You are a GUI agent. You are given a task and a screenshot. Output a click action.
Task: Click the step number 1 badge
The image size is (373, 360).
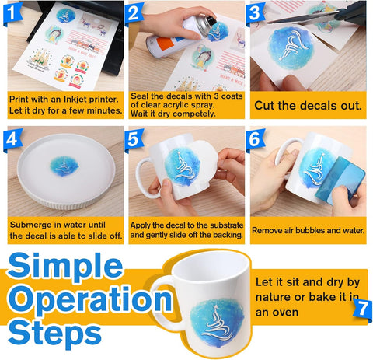12,13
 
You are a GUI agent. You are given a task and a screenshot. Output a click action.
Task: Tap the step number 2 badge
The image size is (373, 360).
133,13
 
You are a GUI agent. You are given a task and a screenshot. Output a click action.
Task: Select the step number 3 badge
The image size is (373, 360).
254,13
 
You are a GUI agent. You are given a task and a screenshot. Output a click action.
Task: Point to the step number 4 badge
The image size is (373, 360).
12,139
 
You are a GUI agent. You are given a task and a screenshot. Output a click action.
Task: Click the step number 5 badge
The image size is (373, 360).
133,139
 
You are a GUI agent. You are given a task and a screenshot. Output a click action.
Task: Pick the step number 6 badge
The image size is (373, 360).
254,139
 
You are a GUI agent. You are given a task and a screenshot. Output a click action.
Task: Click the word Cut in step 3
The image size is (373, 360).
264,106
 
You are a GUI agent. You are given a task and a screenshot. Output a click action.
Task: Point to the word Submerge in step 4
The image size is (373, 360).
30,225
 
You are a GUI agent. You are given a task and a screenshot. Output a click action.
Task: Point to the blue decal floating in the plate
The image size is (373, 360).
64,166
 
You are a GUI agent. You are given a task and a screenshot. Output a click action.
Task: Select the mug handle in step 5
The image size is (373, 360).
142,179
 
